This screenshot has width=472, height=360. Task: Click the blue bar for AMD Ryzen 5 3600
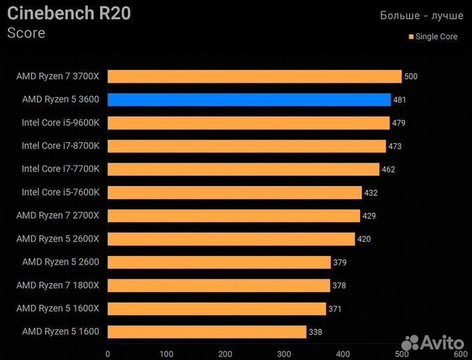(x=249, y=100)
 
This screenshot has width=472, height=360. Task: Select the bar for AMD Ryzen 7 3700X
(x=254, y=77)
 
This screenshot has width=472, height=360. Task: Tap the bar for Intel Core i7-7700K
(x=243, y=169)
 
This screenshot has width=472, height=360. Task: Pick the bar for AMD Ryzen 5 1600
(x=207, y=331)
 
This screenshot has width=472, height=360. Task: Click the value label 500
(x=411, y=77)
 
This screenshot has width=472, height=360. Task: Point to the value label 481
(x=399, y=100)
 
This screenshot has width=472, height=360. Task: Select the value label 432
(x=371, y=193)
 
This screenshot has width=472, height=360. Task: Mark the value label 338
(x=315, y=331)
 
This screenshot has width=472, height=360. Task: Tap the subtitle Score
(x=26, y=33)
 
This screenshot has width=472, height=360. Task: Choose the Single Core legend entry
(x=433, y=37)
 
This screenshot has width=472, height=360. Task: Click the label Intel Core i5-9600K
(x=61, y=123)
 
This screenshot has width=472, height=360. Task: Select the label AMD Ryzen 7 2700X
(x=58, y=215)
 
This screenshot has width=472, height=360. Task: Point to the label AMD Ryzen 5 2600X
(x=58, y=239)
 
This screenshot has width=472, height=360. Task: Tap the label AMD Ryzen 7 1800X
(x=58, y=285)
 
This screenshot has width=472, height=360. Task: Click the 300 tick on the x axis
(x=284, y=353)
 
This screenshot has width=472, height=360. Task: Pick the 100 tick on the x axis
(x=167, y=353)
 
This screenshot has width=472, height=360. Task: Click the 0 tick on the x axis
(x=108, y=353)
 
